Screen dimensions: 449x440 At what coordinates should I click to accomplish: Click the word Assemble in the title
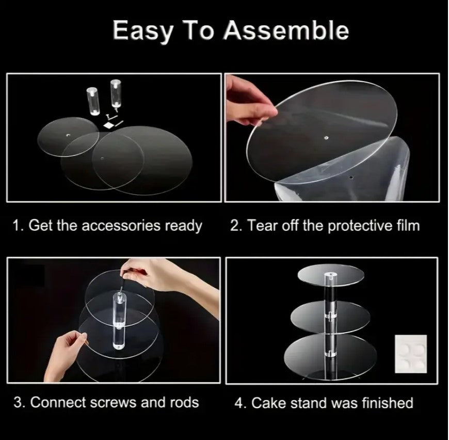pyautogui.click(x=286, y=30)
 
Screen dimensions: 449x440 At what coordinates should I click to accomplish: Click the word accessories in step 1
pyautogui.click(x=121, y=226)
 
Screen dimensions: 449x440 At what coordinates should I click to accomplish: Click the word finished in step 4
pyautogui.click(x=388, y=403)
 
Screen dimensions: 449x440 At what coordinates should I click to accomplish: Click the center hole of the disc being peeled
pyautogui.click(x=326, y=138)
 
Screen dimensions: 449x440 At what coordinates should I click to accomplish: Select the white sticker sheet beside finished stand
pyautogui.click(x=411, y=354)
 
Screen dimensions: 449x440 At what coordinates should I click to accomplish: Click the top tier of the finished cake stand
pyautogui.click(x=331, y=274)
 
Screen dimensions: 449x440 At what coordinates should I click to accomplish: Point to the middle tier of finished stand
pyautogui.click(x=330, y=317)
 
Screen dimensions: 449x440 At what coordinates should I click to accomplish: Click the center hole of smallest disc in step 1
pyautogui.click(x=68, y=135)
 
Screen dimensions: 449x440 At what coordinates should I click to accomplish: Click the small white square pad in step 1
pyautogui.click(x=109, y=125)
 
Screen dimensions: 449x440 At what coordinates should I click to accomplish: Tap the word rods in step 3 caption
pyautogui.click(x=184, y=402)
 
